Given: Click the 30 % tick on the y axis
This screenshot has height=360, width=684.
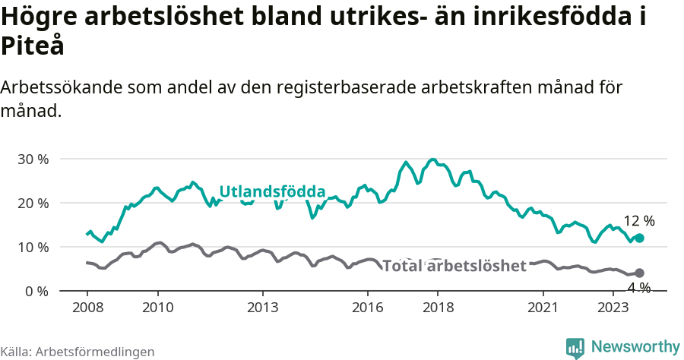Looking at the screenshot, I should [33, 159].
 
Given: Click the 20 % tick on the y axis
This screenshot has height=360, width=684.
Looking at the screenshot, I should [33, 204].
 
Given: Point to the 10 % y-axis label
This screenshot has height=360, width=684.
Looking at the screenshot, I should [33, 248].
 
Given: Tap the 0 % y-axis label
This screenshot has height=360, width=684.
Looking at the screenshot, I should [36, 292].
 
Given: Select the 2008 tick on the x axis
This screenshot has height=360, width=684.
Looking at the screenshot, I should [87, 308].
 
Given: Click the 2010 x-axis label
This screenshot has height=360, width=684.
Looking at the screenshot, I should [157, 308].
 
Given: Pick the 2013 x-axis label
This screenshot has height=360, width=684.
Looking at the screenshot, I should [263, 308].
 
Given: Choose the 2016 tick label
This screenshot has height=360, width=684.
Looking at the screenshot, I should [368, 308].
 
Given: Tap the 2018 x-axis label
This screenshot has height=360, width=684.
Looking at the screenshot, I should [439, 308].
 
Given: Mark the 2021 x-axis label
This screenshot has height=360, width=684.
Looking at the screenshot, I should [543, 308].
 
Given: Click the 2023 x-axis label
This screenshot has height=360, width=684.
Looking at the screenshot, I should [614, 308].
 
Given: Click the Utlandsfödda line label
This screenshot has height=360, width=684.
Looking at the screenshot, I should [272, 191].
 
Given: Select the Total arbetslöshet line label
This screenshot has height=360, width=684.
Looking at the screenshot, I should [454, 266].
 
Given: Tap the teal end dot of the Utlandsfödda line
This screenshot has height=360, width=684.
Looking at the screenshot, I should [639, 238].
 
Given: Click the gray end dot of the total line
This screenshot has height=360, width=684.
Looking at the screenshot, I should [639, 273].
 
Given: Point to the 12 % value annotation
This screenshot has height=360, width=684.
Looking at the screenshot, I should [638, 221].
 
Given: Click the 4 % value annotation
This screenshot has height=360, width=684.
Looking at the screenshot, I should [638, 288].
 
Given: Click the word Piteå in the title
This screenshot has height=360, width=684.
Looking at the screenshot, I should [32, 46].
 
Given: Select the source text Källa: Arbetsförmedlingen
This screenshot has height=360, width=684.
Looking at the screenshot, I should [78, 352].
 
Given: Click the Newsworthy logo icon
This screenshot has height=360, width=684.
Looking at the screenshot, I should [575, 347].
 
